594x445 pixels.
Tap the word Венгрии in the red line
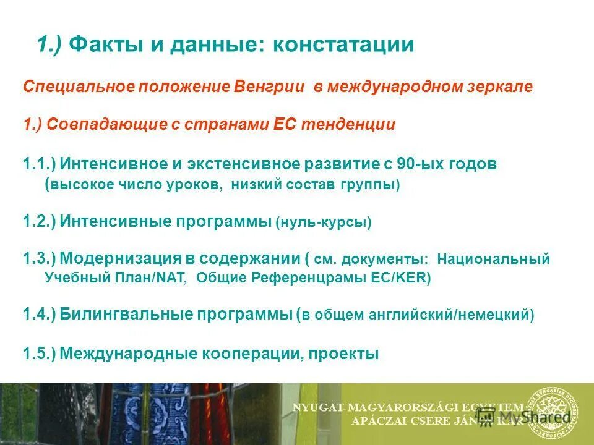(x=269, y=87)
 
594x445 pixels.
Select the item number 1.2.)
(x=40, y=221)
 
